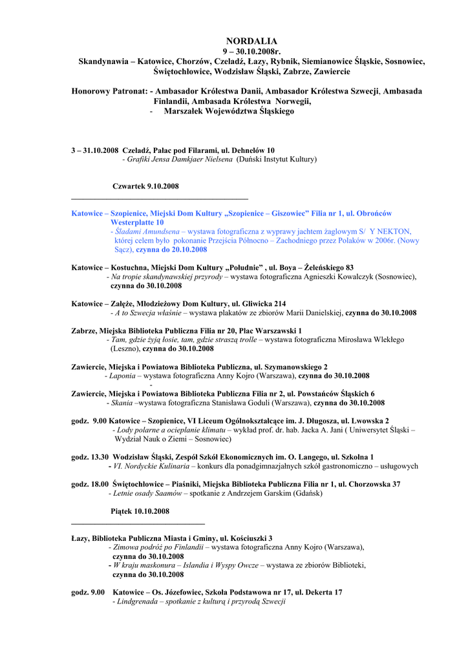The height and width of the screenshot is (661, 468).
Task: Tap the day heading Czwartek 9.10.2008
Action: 145,187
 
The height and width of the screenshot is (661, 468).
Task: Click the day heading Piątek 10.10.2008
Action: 140,511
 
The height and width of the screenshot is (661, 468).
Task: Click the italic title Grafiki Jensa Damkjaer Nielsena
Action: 179,159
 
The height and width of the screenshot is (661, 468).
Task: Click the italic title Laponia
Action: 122,376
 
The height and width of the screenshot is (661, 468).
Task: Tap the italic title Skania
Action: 122,403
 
